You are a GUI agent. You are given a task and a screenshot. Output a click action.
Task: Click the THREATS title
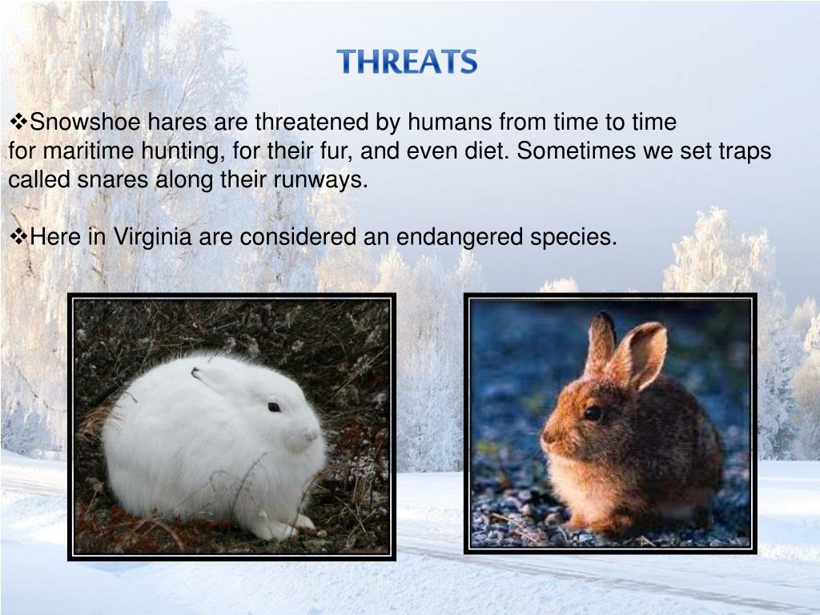pos(407,62)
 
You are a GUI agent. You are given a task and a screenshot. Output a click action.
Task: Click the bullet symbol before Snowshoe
pos(18,123)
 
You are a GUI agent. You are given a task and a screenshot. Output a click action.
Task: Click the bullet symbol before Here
pos(18,237)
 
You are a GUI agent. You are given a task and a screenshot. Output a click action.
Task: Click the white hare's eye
pos(274,407)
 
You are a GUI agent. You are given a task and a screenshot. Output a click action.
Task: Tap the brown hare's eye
pos(593,412)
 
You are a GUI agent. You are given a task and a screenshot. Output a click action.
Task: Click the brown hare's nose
pos(545,440)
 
